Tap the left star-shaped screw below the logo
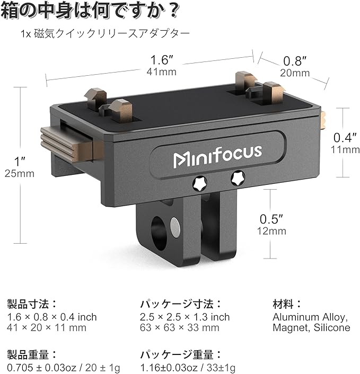[200, 183]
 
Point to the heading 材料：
[287, 304]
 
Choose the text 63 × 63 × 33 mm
[179, 327]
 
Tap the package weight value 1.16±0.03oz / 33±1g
[188, 368]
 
